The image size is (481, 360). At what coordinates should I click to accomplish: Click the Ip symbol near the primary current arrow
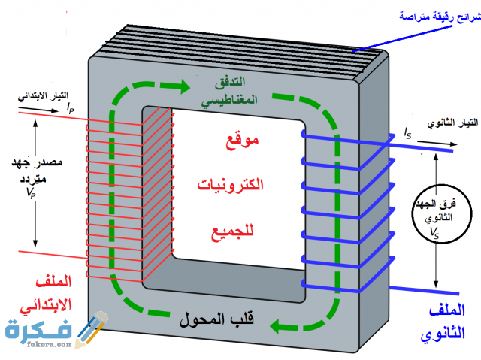tap(70, 110)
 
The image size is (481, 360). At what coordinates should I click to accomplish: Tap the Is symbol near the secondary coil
tap(407, 134)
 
